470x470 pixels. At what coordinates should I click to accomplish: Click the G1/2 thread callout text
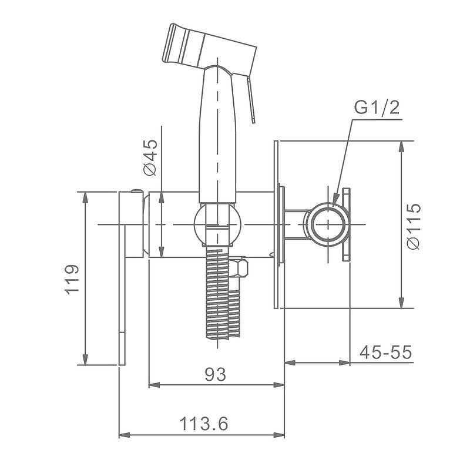click(377, 108)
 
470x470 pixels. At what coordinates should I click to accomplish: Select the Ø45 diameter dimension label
click(150, 157)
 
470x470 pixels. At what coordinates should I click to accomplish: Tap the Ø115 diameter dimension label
click(414, 226)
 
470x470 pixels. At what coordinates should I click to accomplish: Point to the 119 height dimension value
click(72, 280)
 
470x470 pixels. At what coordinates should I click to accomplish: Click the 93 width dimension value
click(215, 374)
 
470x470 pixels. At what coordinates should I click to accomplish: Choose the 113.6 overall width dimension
click(204, 424)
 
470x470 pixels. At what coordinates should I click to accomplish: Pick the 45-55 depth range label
click(386, 352)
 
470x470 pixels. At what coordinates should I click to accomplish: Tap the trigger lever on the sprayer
click(251, 99)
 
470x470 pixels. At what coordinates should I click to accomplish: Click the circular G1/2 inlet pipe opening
click(328, 224)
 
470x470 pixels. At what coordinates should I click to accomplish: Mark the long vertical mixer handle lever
click(122, 295)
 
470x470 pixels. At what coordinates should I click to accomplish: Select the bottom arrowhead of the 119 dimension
click(85, 360)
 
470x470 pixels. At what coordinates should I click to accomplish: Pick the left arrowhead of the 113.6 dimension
click(125, 435)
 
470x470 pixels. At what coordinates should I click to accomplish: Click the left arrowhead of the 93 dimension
click(155, 385)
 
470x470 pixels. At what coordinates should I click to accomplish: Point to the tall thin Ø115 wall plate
click(276, 224)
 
